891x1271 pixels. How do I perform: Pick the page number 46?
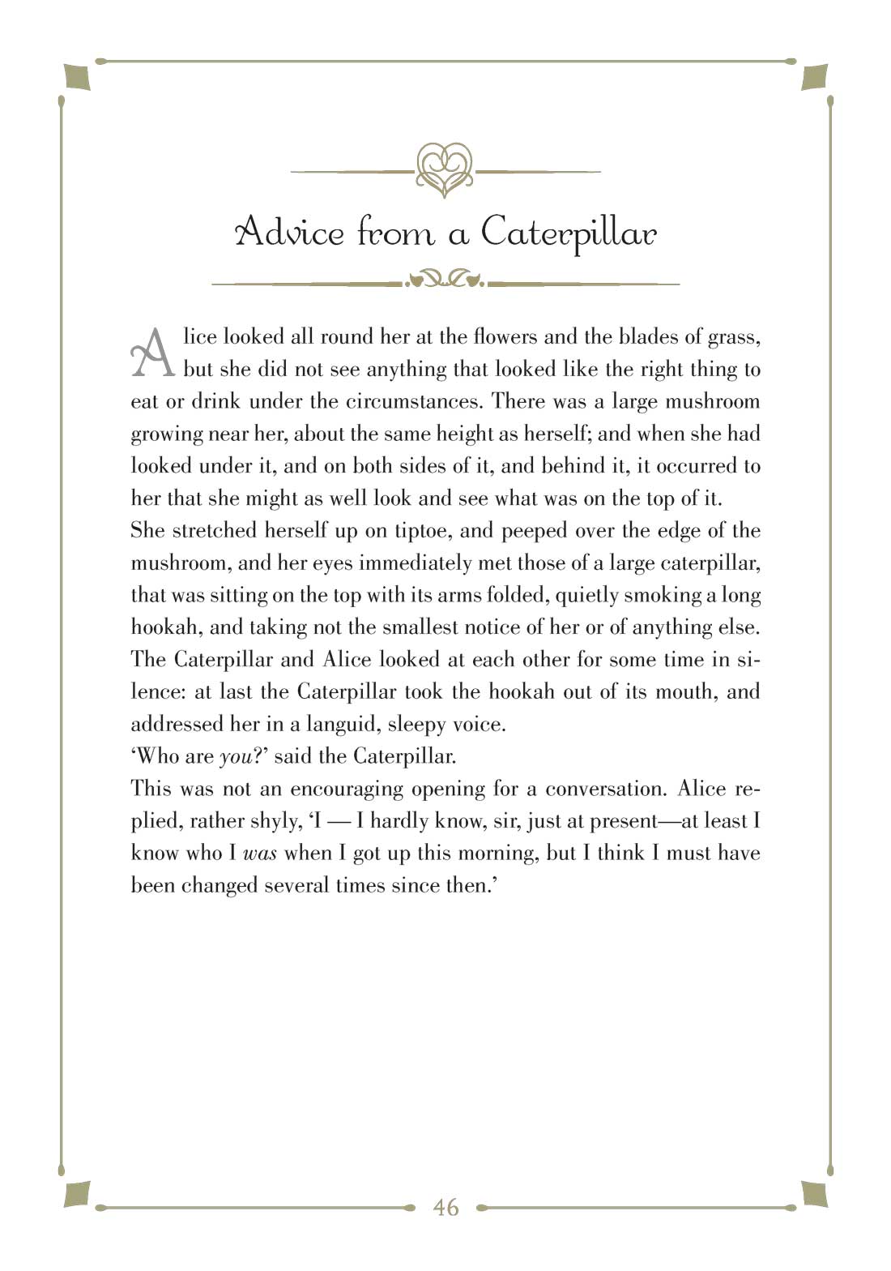point(446,1208)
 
